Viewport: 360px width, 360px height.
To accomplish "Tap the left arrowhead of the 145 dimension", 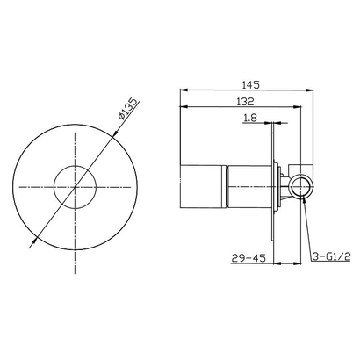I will (x=183, y=90).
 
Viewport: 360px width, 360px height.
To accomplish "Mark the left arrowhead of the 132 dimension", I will (x=183, y=108).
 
